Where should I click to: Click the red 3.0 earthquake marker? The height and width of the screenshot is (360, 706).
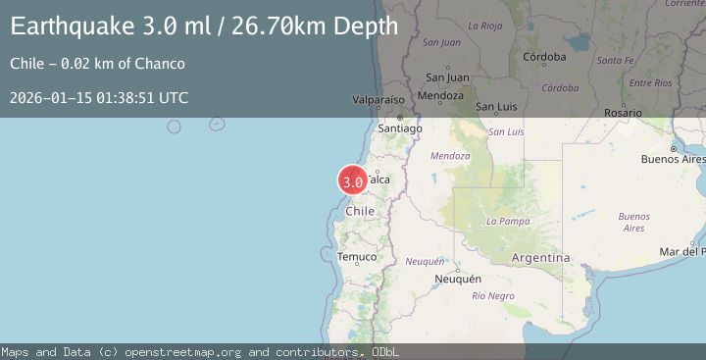[353, 180]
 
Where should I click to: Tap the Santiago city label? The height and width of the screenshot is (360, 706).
[400, 129]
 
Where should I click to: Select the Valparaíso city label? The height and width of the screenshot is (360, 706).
[379, 100]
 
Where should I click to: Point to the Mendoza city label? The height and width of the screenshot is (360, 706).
[439, 96]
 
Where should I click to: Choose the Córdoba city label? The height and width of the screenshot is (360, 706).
[545, 57]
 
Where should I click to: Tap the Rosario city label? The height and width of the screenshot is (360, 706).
[624, 114]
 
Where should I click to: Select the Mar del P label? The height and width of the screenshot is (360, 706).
[682, 252]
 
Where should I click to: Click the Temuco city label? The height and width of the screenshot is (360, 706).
[357, 257]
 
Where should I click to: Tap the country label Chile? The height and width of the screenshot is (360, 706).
[361, 211]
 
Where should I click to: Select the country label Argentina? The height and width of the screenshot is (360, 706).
[540, 257]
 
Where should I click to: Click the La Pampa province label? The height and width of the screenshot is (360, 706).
[508, 221]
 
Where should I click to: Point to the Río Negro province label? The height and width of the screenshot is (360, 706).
[492, 295]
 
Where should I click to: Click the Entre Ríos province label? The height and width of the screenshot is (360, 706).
[650, 83]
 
